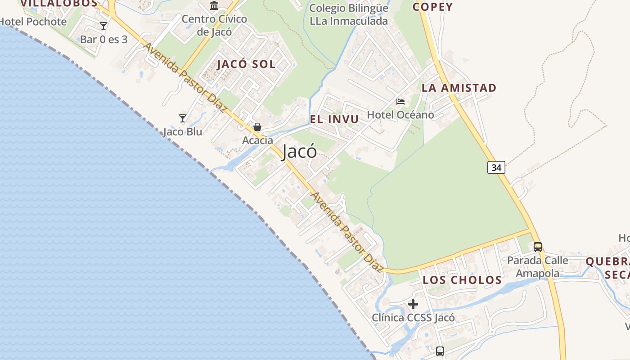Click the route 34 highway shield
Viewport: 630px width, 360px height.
point(496,167)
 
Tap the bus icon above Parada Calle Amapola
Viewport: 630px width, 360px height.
point(537,247)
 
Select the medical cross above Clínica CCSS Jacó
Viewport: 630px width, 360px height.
point(413,304)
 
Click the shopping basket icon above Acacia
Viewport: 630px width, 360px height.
point(257,127)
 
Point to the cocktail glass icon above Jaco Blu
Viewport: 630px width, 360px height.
point(183,118)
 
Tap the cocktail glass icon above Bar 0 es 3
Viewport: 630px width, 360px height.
point(103,26)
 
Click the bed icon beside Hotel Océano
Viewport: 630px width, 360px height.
point(400,102)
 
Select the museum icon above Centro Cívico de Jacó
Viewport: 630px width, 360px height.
point(214,6)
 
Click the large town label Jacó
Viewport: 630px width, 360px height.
point(299,152)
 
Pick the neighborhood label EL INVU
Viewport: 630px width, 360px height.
point(334,119)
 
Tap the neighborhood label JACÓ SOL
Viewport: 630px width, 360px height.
point(246,64)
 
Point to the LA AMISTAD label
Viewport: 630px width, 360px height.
point(459,88)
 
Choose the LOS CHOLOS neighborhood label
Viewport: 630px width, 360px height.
point(462,280)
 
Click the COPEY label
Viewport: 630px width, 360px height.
point(432,7)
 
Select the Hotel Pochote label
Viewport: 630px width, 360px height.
point(33,22)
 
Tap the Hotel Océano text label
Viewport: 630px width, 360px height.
point(400,115)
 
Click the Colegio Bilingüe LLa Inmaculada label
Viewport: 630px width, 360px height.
point(349,14)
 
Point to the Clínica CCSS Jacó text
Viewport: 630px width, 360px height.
point(413,318)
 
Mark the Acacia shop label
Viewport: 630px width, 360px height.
point(257,140)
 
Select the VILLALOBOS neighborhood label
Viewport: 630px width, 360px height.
point(58,4)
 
